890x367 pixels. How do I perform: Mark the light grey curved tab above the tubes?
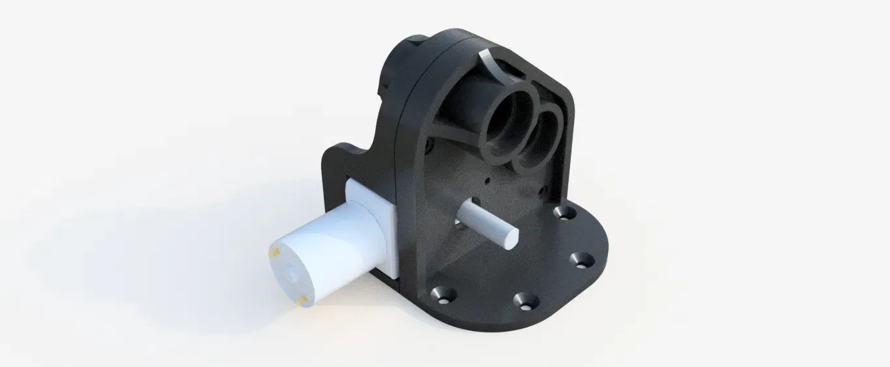click(x=495, y=63)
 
